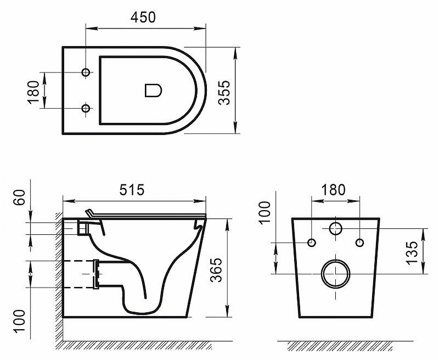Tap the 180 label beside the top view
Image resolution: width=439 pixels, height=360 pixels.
tap(34, 91)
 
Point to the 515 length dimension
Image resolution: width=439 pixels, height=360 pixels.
tap(132, 190)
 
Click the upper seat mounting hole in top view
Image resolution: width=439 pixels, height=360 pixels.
tap(85, 73)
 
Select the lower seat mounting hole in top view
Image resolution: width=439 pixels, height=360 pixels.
tap(85, 109)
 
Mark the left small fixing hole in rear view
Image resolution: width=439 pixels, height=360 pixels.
tap(312, 243)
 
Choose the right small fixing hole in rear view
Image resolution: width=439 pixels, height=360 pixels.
tap(359, 243)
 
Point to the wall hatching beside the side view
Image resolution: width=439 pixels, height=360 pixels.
tap(58, 274)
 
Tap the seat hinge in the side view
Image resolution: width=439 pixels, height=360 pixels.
tap(85, 225)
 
